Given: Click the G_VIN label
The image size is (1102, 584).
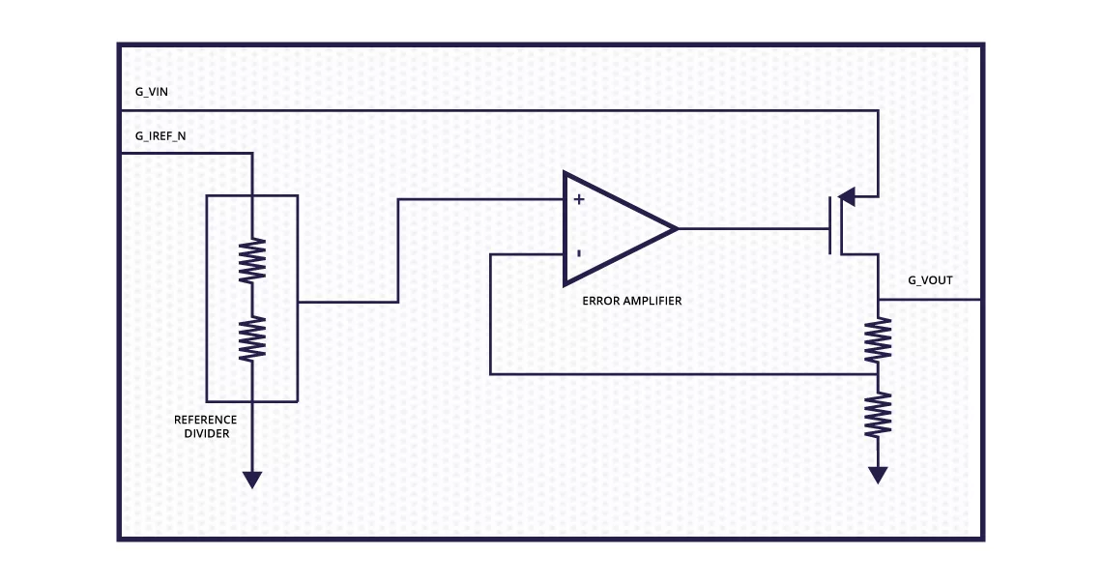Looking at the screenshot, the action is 151,92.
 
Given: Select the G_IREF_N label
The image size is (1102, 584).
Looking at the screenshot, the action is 160,136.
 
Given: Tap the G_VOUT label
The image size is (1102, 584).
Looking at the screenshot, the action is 930,280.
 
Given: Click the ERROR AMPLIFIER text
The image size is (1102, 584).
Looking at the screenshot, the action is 632,301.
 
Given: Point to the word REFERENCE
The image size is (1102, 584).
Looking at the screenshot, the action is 205,420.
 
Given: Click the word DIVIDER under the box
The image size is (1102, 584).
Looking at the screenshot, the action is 207,433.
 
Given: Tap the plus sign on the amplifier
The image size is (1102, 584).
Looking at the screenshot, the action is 578,199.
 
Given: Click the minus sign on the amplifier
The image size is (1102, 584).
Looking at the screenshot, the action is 578,253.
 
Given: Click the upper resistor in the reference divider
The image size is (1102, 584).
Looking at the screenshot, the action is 252,261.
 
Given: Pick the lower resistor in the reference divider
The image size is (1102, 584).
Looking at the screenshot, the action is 252,338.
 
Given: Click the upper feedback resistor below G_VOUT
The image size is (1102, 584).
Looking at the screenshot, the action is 878,340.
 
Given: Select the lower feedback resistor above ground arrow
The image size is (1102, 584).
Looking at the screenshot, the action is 878,415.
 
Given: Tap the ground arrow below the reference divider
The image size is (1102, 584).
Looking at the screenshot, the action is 252,480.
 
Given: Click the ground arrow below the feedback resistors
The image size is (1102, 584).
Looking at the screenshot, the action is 878,476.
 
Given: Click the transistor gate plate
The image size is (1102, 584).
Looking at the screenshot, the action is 830,225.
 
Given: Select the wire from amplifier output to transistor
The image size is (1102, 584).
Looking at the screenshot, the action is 753,228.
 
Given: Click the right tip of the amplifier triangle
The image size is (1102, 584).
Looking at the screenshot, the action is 678,228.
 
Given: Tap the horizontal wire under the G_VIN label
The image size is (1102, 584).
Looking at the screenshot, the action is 500,110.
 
